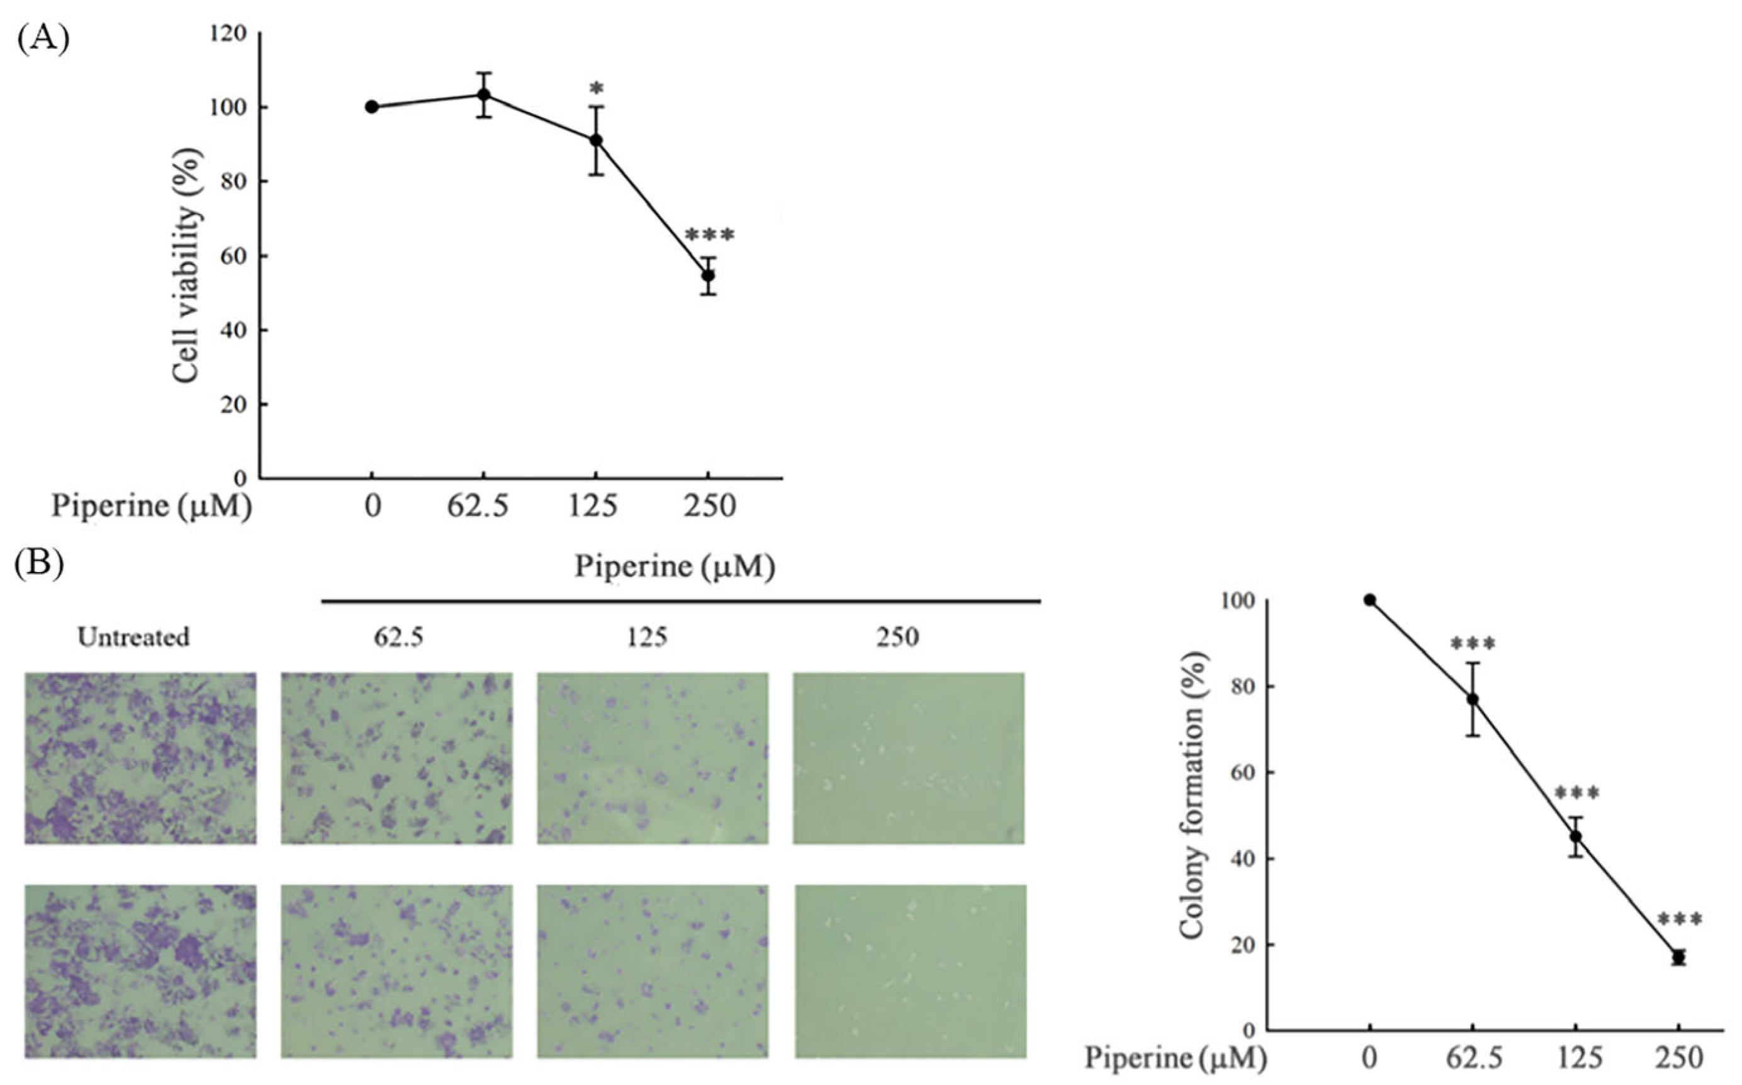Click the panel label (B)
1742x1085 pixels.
pos(40,563)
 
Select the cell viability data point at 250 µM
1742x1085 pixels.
pos(708,276)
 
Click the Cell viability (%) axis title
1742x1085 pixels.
pos(186,266)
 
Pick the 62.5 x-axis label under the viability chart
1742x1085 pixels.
pos(478,507)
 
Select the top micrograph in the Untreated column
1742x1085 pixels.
pos(140,758)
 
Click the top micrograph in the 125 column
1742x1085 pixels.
pos(652,758)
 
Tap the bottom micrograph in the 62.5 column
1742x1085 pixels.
pos(396,971)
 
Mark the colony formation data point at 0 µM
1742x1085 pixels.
pos(1370,600)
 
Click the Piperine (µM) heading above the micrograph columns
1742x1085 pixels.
pos(675,567)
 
